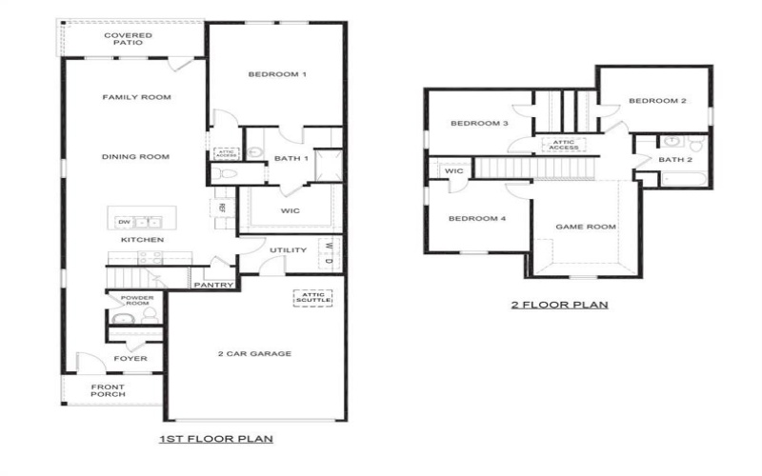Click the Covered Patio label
[128, 39]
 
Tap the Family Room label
[136, 97]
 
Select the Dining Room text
[135, 157]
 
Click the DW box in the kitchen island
[124, 222]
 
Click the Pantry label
[213, 285]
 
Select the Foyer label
[130, 359]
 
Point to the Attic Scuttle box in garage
[311, 298]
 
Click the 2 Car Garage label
[254, 354]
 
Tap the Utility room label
[288, 250]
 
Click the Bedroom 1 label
[277, 74]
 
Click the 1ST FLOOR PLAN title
[216, 439]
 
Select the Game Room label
[586, 227]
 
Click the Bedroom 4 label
[476, 218]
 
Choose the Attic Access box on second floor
[562, 145]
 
